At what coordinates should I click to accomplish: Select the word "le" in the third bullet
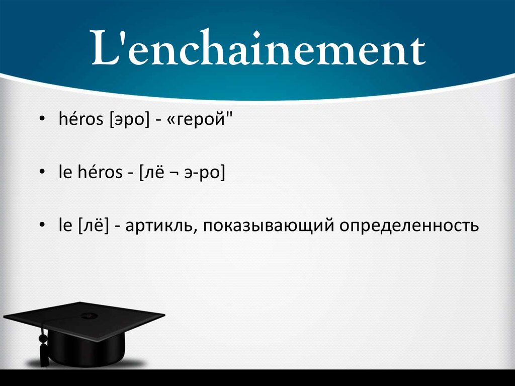click(65, 226)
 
